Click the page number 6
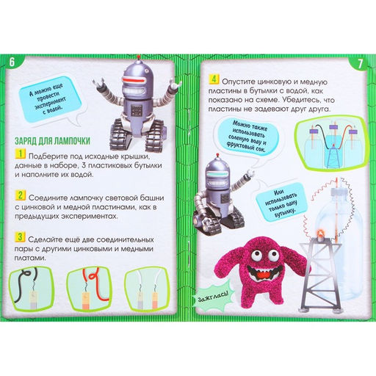click(12, 62)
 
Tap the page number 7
click(360, 64)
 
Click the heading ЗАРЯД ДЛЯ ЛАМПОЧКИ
click(52, 141)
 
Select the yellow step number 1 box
click(21, 153)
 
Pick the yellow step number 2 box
click(21, 195)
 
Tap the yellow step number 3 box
click(20, 236)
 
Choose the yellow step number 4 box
click(214, 79)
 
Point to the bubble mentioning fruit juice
click(248, 137)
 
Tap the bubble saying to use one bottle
click(281, 202)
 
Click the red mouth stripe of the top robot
click(134, 80)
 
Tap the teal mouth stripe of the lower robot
click(217, 174)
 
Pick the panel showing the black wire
click(32, 289)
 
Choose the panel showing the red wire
click(89, 289)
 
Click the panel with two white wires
click(147, 289)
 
